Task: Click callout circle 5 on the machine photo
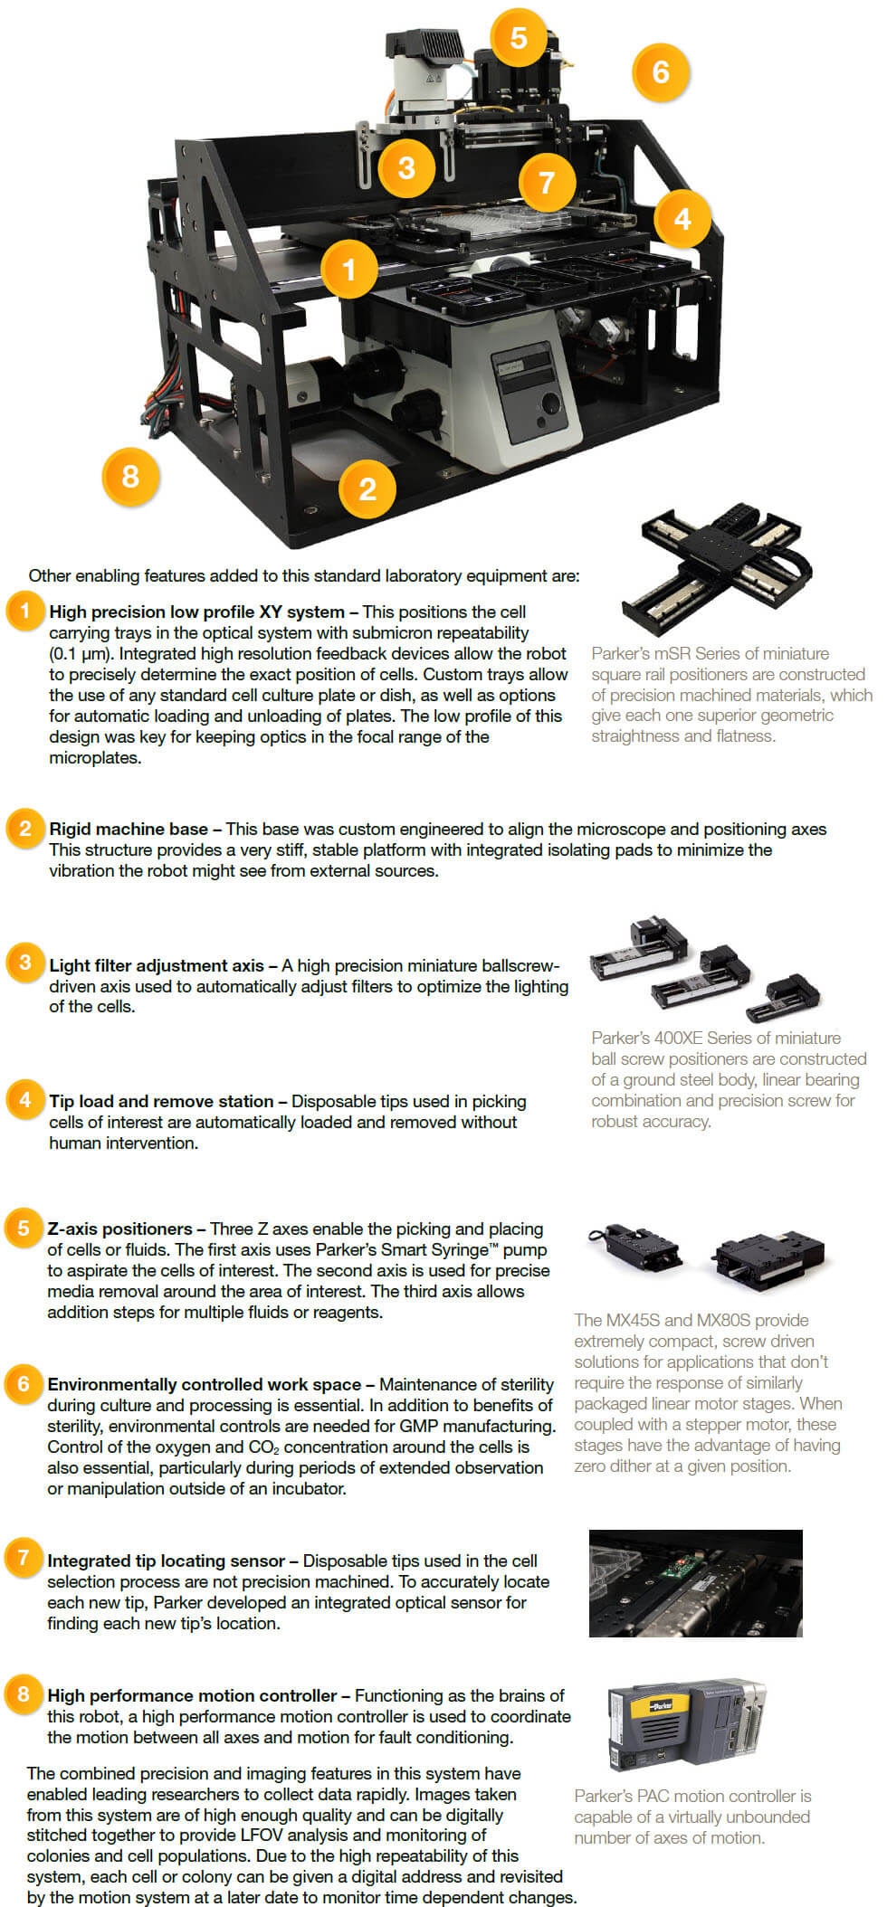point(518,38)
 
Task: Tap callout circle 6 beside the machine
point(661,71)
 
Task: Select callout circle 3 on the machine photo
point(406,168)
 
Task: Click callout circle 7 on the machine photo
point(546,184)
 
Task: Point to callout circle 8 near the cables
point(130,477)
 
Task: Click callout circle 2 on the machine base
point(367,489)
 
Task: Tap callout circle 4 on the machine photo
point(682,218)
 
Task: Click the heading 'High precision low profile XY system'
point(196,612)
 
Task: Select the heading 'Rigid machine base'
point(129,829)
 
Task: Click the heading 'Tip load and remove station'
point(161,1101)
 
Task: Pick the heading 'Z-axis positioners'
point(119,1229)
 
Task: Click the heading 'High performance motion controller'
point(192,1695)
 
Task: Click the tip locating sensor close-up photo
point(696,1583)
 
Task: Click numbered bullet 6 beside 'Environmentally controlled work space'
point(24,1383)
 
